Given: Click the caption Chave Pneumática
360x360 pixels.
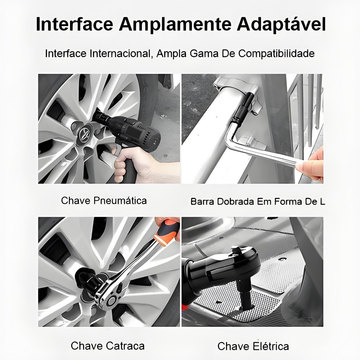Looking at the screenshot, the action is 104,201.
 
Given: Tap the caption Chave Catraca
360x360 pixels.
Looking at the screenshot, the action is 108,346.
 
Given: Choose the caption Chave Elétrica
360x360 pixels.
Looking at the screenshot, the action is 253,346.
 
